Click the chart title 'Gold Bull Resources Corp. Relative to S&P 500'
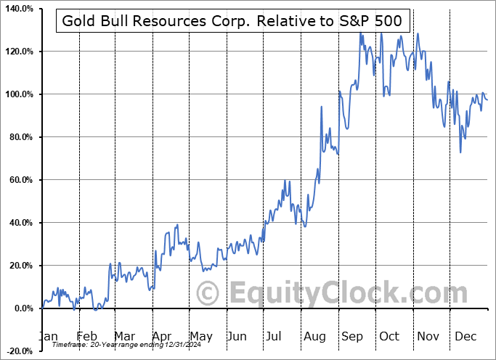pos(231,20)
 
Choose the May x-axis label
pos(200,336)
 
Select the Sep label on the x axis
pos(353,336)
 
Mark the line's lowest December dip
pos(460,152)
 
